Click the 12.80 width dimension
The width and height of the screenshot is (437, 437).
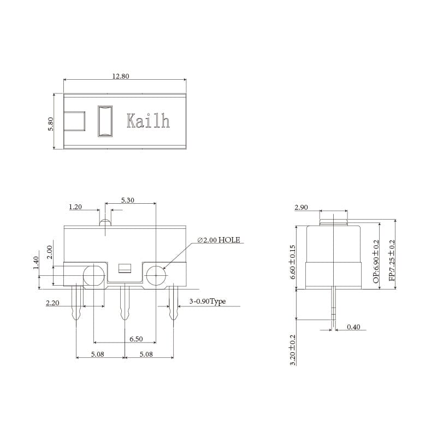pos(120,76)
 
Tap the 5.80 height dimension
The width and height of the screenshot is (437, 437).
pos(50,124)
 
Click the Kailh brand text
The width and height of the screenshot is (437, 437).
pos(148,121)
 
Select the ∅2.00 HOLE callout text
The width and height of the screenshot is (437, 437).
pos(218,240)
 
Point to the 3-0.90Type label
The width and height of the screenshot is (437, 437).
pos(208,302)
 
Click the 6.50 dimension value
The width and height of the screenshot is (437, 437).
pos(136,339)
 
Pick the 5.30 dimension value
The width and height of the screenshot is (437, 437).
pos(128,200)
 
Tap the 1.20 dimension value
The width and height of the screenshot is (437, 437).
pos(75,207)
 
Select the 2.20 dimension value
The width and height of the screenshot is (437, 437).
pos(52,303)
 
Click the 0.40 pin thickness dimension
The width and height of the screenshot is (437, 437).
pos(353,327)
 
